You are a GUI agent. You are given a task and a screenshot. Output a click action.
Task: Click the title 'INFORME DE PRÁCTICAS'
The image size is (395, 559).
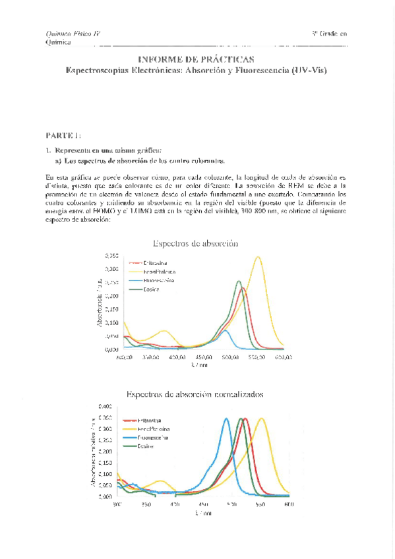point(197,59)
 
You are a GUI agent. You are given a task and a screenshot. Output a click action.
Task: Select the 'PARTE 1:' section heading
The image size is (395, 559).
point(63,135)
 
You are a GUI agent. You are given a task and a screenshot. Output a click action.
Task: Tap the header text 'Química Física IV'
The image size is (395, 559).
point(73,34)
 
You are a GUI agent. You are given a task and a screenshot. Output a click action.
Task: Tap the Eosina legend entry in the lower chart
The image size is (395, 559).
point(146,446)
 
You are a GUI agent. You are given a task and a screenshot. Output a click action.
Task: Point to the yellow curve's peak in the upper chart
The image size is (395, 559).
point(257,257)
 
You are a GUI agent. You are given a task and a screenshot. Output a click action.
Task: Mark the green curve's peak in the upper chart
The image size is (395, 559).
point(239,281)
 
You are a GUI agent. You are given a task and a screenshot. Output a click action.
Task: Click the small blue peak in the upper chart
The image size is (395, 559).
point(225,330)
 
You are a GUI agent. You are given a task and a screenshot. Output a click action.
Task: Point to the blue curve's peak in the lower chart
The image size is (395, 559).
point(226,419)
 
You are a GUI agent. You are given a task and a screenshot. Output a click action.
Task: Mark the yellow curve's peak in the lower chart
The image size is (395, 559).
point(262,419)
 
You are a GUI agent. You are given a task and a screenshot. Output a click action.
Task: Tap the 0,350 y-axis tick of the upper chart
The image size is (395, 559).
point(112,255)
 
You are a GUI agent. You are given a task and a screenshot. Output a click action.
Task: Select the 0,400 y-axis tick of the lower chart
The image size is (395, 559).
point(104,406)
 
